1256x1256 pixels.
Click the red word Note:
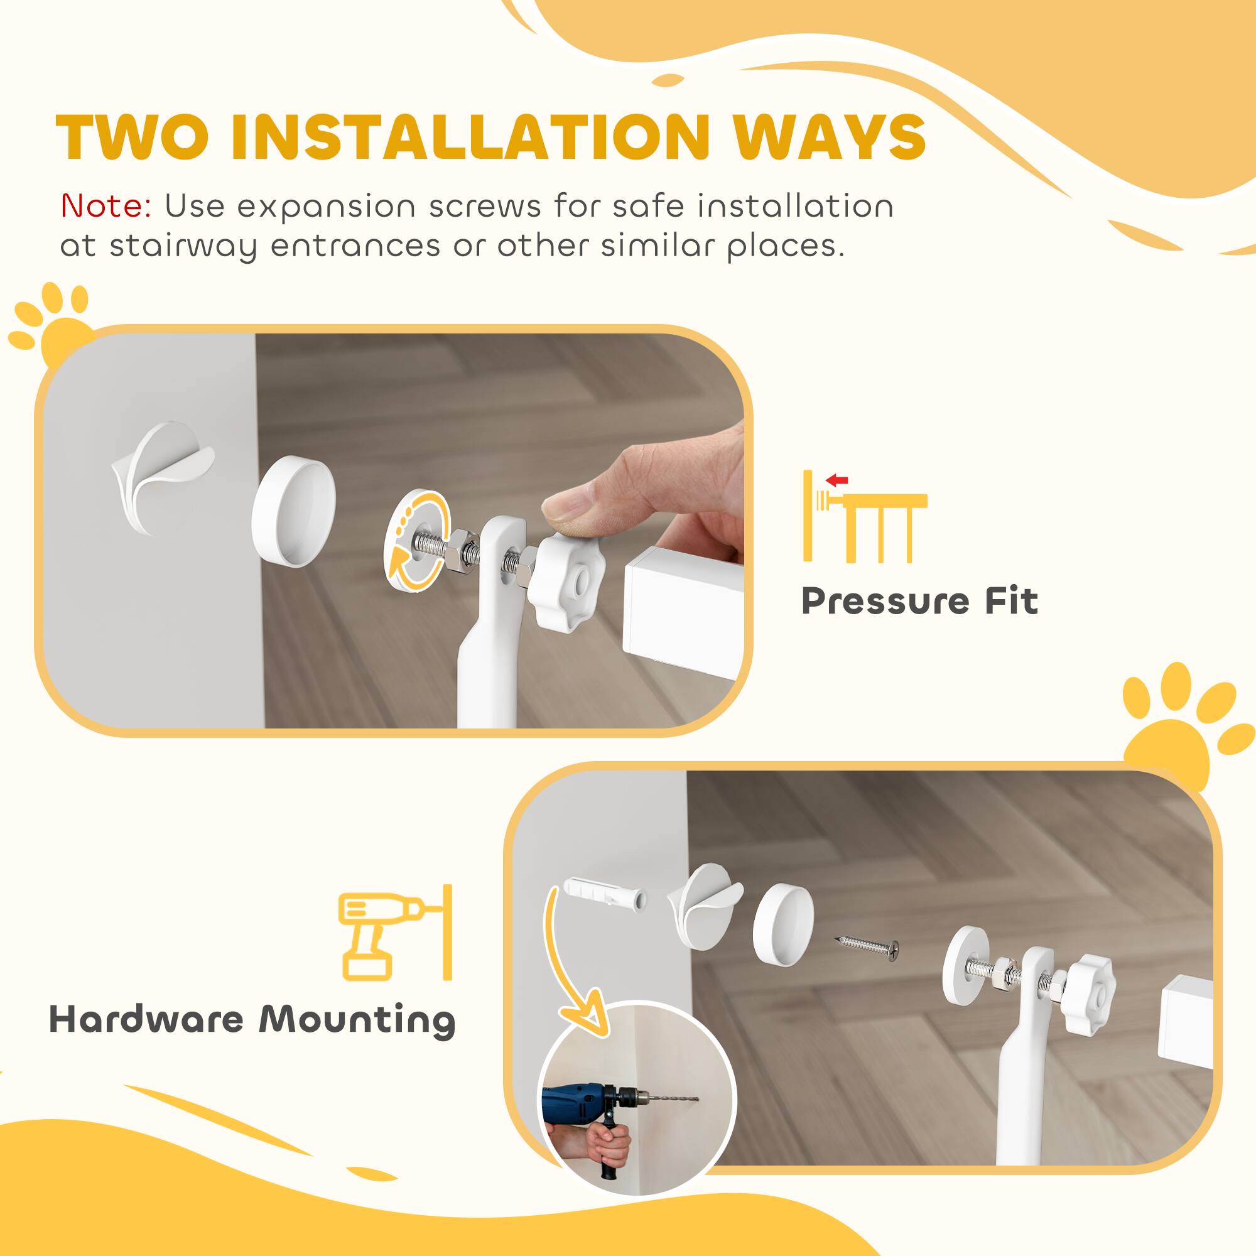tap(106, 207)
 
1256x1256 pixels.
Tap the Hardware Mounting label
tap(252, 1019)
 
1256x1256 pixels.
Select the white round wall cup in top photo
tap(293, 512)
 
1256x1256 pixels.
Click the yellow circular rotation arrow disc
tap(418, 541)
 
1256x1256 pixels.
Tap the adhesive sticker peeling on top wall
tap(163, 475)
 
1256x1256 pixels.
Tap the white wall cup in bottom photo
tap(783, 923)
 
